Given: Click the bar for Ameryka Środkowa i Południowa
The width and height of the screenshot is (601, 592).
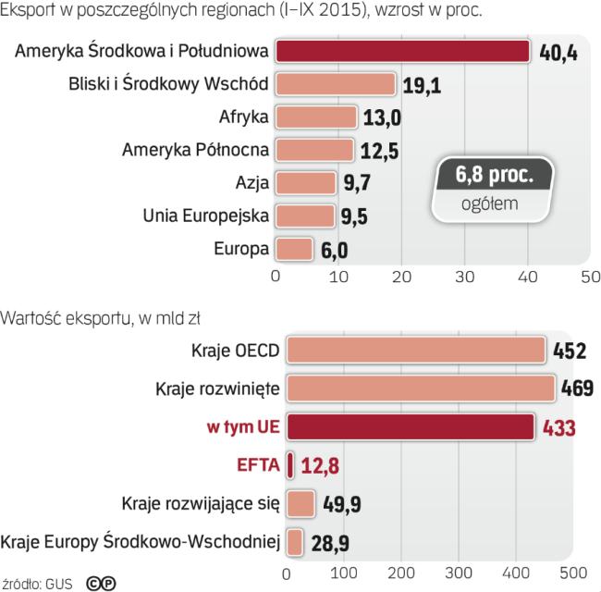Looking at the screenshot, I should point(402,52).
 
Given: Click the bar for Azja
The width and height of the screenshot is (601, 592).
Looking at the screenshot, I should point(304,182).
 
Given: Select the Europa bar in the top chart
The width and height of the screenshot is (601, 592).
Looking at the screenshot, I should point(295,248).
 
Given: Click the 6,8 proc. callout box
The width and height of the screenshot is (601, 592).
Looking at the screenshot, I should point(496,174).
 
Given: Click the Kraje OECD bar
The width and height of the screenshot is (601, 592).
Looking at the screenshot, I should point(415,351).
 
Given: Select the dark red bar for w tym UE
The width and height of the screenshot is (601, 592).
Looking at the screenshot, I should point(411,426).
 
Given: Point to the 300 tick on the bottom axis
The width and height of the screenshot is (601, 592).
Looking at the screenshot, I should point(460,573).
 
